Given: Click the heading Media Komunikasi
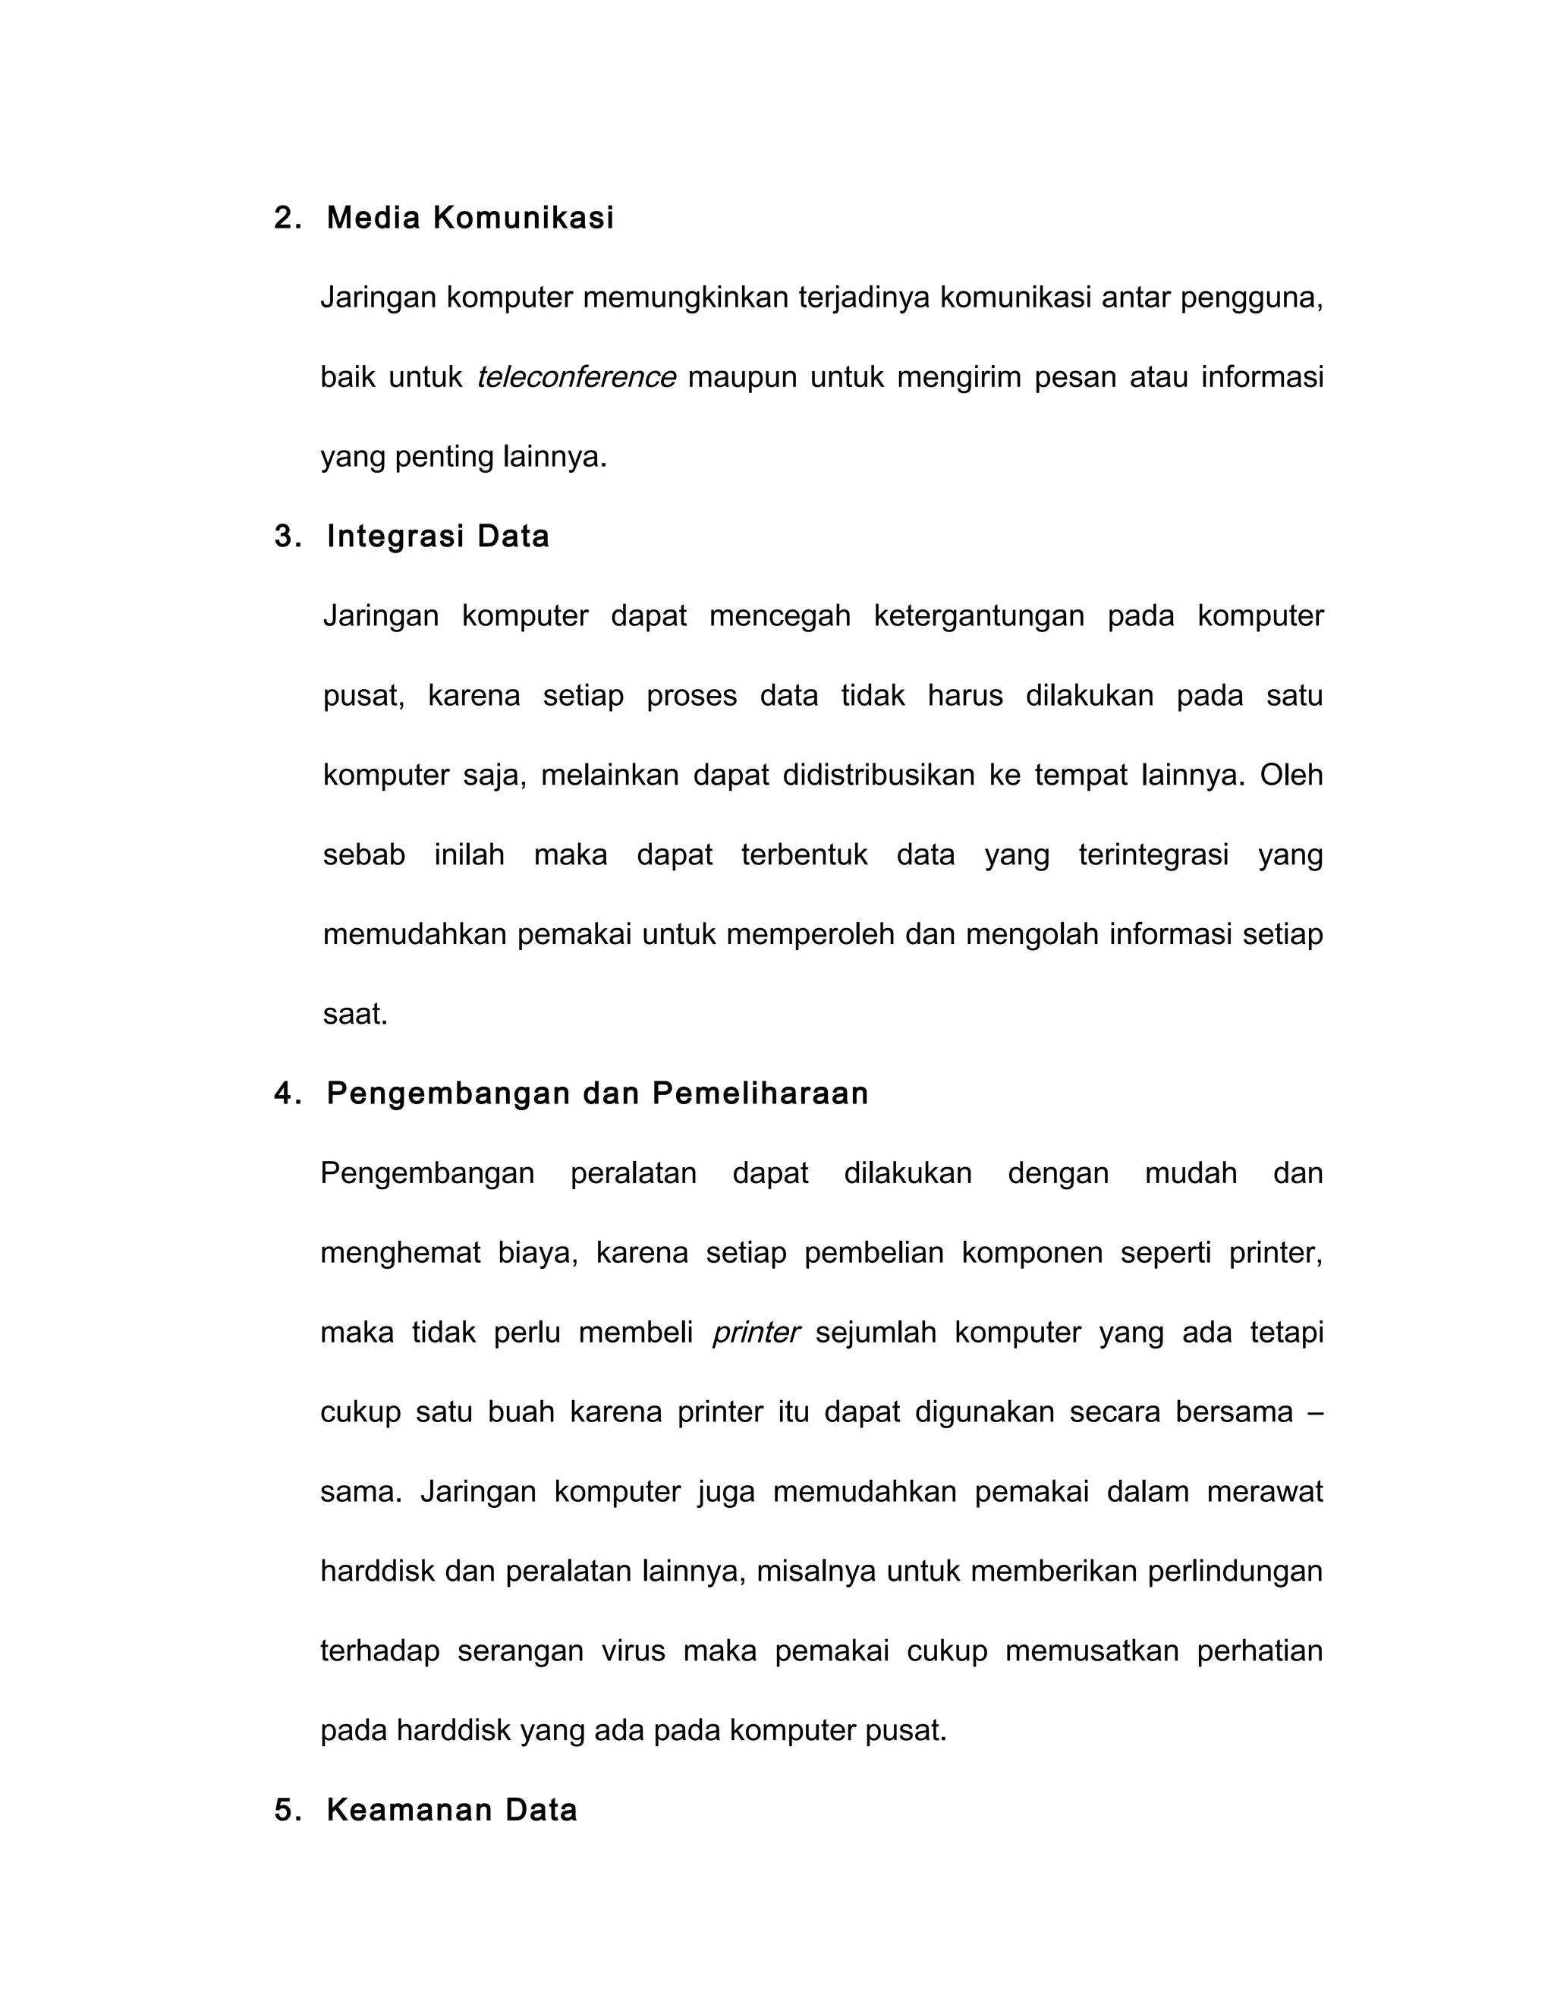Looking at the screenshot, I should [x=470, y=219].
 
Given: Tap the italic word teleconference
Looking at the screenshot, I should [x=577, y=377].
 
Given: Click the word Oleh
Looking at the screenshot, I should [x=1291, y=776].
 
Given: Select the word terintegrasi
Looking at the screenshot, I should [x=1153, y=855].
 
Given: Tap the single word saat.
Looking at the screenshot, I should [x=354, y=1015].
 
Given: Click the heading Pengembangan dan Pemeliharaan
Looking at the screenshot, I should [x=596, y=1094].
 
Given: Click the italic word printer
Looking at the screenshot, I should [x=756, y=1333].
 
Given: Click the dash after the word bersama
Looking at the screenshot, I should [x=1315, y=1412].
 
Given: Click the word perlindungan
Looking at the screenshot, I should [x=1235, y=1572].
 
